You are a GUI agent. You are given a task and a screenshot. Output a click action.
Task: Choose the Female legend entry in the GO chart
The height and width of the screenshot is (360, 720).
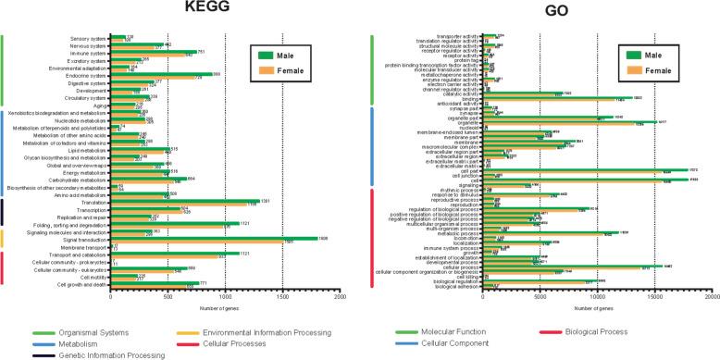654,69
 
